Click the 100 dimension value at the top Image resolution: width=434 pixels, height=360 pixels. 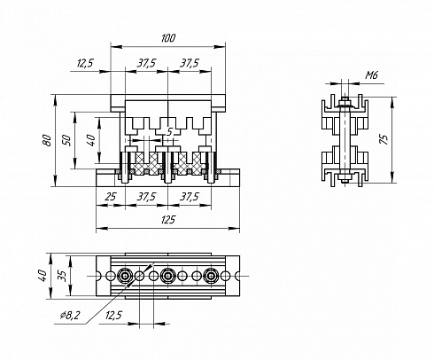coord(168,38)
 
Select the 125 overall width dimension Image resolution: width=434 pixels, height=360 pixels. coord(168,220)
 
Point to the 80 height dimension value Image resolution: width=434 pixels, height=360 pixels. coord(47,140)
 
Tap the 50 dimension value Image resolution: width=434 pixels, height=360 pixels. coord(66,140)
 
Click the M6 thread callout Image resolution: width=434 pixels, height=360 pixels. coord(371,75)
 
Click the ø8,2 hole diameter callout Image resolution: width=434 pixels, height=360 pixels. coord(70,316)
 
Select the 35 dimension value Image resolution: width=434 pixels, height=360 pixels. coord(62,276)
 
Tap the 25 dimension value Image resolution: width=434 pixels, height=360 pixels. coord(111,196)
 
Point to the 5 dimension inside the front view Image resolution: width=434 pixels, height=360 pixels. coord(169,132)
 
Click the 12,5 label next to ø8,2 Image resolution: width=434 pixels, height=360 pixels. coord(113,316)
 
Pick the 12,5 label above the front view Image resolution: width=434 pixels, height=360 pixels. coord(85,63)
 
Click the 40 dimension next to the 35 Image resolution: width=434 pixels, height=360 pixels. coord(43,276)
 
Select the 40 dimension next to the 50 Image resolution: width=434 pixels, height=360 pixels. coord(91,140)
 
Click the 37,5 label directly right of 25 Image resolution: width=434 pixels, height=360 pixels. coord(146,196)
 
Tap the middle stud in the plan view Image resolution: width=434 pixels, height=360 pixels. coord(168,276)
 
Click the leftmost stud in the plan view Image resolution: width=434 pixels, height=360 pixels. coord(125,276)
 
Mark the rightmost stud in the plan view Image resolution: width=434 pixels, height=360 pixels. coord(211,276)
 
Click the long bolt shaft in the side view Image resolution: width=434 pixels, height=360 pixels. coord(344,139)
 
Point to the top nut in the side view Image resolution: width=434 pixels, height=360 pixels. coord(344,102)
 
